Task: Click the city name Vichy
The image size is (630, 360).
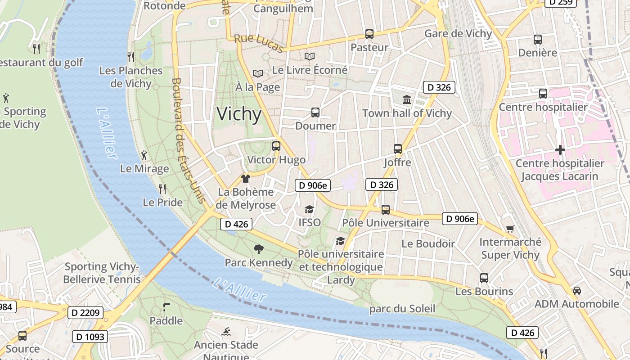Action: (239, 114)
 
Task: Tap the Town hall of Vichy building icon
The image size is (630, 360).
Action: (407, 99)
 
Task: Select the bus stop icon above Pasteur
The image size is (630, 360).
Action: (369, 34)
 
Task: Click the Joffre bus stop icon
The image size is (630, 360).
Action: (398, 149)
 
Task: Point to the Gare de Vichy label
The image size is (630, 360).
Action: (458, 34)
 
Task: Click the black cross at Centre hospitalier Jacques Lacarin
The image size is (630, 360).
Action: (560, 149)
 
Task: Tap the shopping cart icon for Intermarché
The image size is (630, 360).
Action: (510, 229)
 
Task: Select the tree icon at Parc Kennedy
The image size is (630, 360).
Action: (259, 249)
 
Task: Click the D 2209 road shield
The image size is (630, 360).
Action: (85, 312)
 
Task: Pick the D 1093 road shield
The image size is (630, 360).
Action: (90, 336)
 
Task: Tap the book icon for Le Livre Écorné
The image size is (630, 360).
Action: (310, 57)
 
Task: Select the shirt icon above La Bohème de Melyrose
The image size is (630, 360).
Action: (245, 179)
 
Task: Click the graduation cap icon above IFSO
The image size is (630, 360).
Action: (310, 209)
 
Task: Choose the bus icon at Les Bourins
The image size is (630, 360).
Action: (484, 278)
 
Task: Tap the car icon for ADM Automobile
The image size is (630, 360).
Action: (577, 291)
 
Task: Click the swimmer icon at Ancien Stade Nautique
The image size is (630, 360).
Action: (226, 332)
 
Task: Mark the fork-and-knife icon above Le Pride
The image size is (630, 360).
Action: (162, 189)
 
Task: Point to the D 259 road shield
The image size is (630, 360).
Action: (561, 2)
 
